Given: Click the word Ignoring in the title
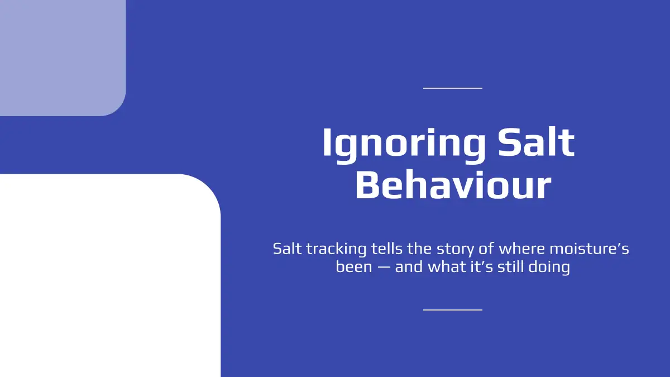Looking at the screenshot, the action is [x=404, y=146].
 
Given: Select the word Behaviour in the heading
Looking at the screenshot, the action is [x=453, y=185].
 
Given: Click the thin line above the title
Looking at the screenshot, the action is [x=453, y=88].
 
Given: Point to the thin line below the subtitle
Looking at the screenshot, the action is [x=453, y=310].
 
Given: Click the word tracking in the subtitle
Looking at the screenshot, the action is [x=336, y=250].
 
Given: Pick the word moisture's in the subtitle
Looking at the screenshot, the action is [x=589, y=249].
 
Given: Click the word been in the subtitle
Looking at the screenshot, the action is [x=354, y=266].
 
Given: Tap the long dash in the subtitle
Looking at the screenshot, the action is [x=384, y=267].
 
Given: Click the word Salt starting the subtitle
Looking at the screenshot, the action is [x=287, y=249].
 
